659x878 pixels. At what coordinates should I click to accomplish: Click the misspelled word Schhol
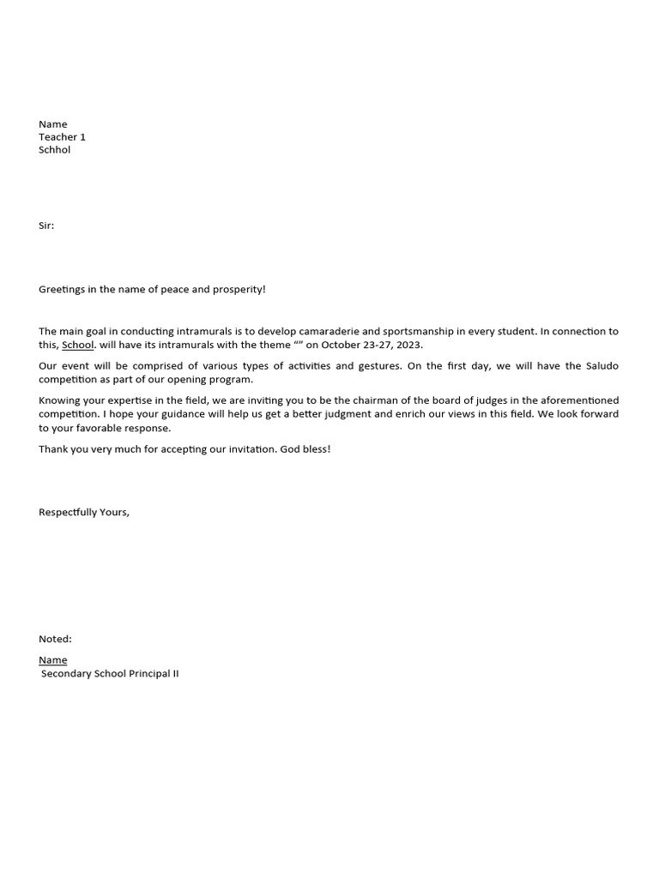coord(54,150)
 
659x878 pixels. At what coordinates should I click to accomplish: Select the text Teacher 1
coord(62,137)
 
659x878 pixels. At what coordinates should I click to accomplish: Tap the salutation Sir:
coord(46,226)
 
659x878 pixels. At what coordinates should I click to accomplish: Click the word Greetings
coord(62,290)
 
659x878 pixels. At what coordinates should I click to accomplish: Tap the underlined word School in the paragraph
coord(77,346)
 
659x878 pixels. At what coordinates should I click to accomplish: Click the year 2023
coord(408,346)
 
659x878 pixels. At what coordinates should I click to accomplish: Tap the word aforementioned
coord(578,401)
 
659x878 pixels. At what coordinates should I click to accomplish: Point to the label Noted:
coord(55,640)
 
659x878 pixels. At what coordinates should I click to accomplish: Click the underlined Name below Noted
coord(52,660)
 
